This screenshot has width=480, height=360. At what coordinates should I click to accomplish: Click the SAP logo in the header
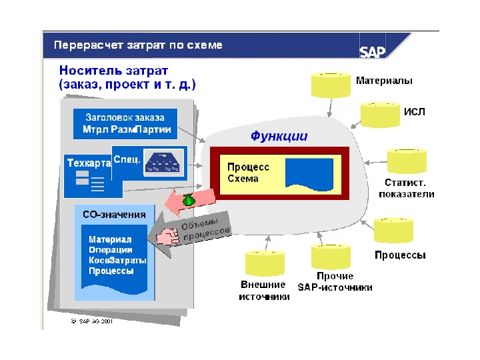[x=374, y=51]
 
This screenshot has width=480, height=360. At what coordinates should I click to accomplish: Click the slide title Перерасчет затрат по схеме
[x=138, y=45]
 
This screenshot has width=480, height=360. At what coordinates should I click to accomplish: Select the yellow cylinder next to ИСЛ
[x=379, y=114]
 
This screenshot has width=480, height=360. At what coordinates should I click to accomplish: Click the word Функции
[x=279, y=136]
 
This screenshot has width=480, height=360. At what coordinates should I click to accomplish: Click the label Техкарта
[x=88, y=163]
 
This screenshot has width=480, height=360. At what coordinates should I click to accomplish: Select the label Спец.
[x=127, y=159]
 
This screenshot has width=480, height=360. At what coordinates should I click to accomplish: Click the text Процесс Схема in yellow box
[x=248, y=173]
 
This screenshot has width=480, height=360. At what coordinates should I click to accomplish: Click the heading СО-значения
[x=114, y=215]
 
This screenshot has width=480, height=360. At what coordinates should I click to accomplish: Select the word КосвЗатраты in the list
[x=118, y=260]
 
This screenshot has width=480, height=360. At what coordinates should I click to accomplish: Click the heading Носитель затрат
[x=113, y=70]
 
